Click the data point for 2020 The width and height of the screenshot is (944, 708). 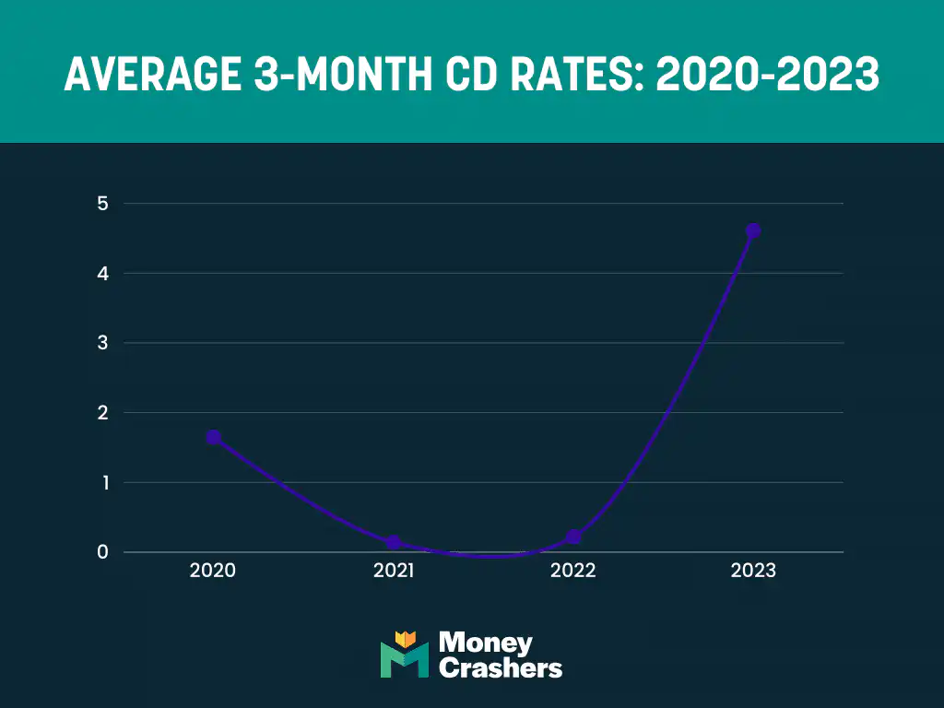point(213,437)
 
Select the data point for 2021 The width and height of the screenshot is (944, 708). point(394,542)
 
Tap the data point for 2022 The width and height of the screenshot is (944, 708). point(573,537)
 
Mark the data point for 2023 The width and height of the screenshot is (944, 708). point(753,230)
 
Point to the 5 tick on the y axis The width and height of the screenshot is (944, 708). point(102,204)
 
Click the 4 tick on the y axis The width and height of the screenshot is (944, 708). point(102,274)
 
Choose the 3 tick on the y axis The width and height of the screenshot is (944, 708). point(102,343)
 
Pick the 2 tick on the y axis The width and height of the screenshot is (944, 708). point(102,413)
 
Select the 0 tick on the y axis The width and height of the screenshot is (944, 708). point(102,552)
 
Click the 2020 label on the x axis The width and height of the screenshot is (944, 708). point(213,571)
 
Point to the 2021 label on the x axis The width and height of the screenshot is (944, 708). point(394,571)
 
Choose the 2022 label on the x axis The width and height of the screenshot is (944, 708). point(573,571)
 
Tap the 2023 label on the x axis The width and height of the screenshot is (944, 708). point(753,571)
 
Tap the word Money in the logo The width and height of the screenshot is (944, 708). point(486,642)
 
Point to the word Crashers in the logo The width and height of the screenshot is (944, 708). point(501,668)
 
